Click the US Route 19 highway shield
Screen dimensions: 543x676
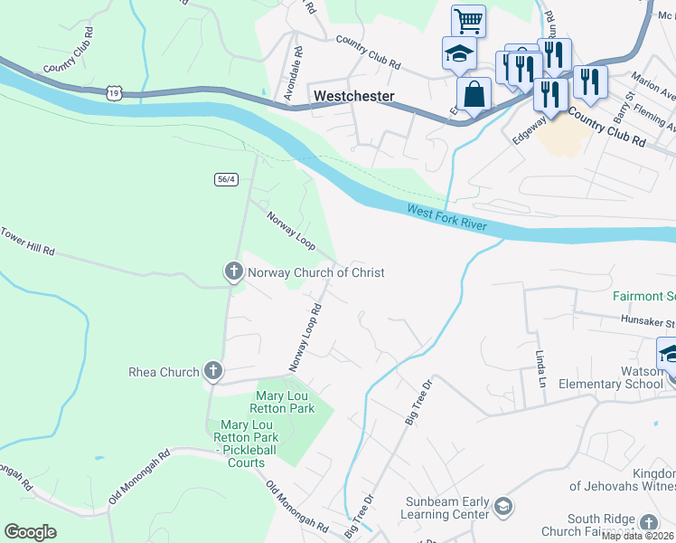[x=113, y=92]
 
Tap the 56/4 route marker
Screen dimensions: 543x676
[x=226, y=179]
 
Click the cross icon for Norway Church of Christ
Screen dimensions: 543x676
[x=233, y=271]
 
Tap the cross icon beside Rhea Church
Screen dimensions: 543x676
[x=212, y=371]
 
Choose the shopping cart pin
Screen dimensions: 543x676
[x=468, y=20]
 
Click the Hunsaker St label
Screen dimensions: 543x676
[x=647, y=321]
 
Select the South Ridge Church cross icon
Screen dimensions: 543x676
[x=648, y=523]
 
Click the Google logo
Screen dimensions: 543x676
[x=30, y=532]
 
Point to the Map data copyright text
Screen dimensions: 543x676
[x=638, y=536]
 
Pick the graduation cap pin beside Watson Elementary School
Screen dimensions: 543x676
[x=669, y=353]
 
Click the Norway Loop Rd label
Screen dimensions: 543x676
[x=305, y=337]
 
